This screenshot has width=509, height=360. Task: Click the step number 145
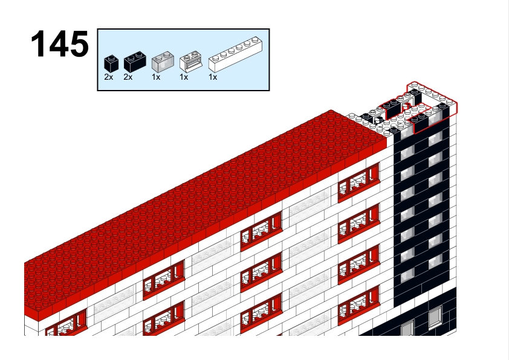(x=60, y=43)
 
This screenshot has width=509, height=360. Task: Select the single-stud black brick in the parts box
(x=111, y=63)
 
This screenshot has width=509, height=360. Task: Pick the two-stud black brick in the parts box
(x=135, y=62)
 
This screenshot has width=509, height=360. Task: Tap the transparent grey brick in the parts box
(x=163, y=62)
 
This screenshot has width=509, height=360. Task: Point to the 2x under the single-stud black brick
(x=108, y=77)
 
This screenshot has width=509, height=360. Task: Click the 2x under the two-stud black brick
(x=128, y=77)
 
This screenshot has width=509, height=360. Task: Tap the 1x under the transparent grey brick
(x=156, y=77)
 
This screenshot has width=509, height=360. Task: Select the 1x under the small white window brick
(x=184, y=77)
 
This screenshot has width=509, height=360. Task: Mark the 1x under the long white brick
(x=213, y=77)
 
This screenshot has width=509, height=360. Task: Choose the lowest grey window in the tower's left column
(x=407, y=275)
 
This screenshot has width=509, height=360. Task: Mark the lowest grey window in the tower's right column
(x=435, y=261)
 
